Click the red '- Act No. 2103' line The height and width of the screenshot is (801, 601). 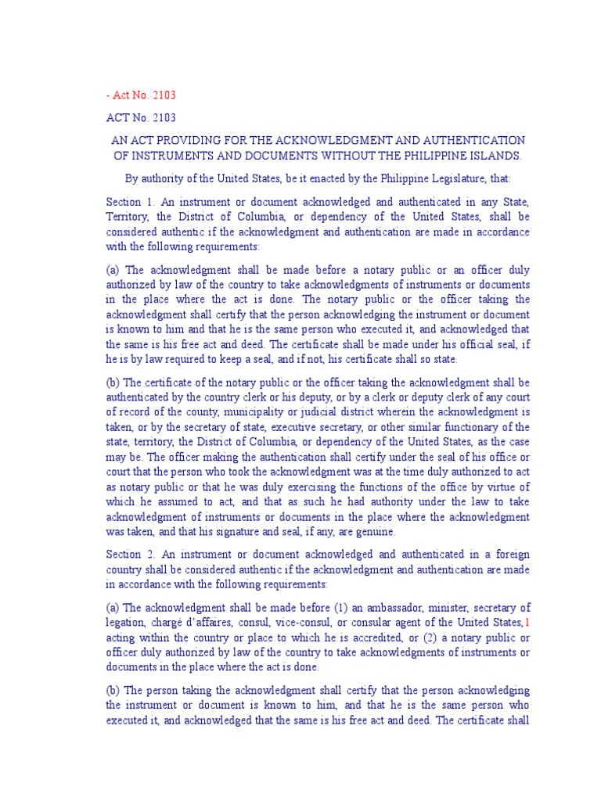(x=141, y=95)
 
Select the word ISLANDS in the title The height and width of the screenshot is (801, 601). (x=493, y=156)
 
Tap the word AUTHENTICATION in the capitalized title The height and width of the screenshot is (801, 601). (x=464, y=140)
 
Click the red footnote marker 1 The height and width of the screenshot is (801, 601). (x=527, y=622)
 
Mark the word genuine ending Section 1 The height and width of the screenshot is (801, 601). (x=373, y=531)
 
